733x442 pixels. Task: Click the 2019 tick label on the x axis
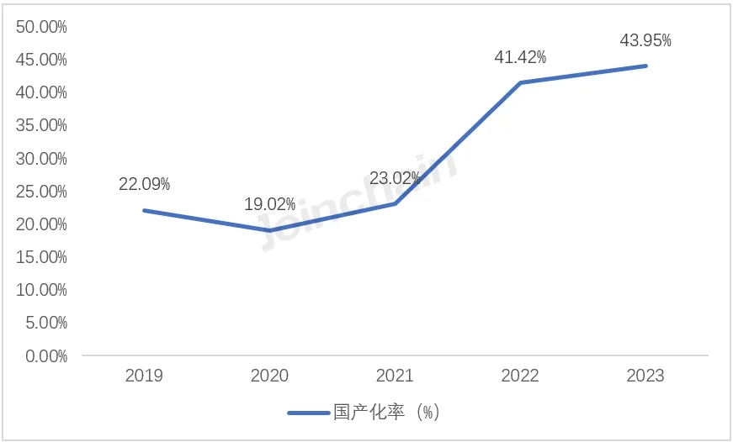point(144,376)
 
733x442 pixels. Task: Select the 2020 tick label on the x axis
point(269,376)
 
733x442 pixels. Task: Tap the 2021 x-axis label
point(395,376)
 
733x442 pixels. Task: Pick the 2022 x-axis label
point(520,376)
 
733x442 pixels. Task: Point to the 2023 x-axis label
point(645,376)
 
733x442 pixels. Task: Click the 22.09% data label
point(144,183)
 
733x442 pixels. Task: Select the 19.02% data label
point(269,204)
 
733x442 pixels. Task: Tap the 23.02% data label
point(395,178)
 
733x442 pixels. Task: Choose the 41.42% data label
point(520,57)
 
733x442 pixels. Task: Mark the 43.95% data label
point(645,40)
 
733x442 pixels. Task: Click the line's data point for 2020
point(269,230)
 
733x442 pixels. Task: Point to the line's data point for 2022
point(520,82)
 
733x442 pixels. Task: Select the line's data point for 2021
point(395,203)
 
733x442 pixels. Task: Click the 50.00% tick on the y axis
point(41,27)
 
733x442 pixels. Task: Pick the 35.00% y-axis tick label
point(41,125)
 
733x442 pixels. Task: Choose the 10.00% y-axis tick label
point(41,290)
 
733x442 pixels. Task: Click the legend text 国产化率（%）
point(386,413)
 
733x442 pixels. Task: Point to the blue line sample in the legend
point(308,413)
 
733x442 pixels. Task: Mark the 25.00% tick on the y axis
point(41,192)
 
